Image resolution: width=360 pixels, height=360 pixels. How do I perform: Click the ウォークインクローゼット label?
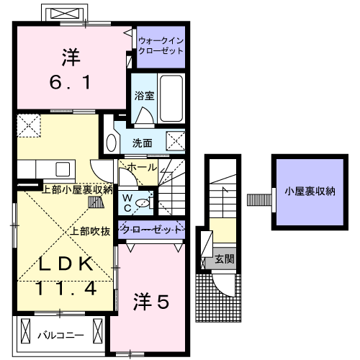pyautogui.click(x=160, y=47)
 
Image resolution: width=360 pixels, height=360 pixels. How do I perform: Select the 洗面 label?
pyautogui.click(x=143, y=143)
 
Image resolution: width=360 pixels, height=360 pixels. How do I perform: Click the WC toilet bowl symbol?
pyautogui.click(x=145, y=204)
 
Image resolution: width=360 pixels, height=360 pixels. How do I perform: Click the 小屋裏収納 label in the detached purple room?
pyautogui.click(x=309, y=192)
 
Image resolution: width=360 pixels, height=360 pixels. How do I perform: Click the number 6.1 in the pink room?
pyautogui.click(x=70, y=82)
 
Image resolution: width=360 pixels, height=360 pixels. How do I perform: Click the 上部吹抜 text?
pyautogui.click(x=90, y=231)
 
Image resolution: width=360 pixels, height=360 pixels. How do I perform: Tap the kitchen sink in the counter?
pyautogui.click(x=61, y=170)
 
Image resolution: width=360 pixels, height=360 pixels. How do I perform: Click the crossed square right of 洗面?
pyautogui.click(x=175, y=141)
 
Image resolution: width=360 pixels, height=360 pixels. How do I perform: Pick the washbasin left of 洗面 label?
pyautogui.click(x=112, y=142)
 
